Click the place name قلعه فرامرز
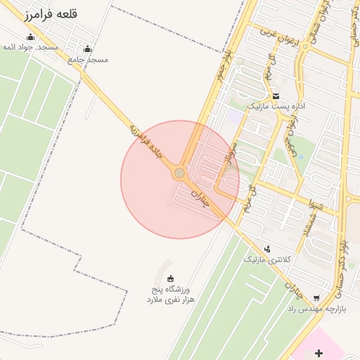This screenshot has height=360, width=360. (x=51, y=14)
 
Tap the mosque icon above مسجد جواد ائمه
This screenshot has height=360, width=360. (x=30, y=37)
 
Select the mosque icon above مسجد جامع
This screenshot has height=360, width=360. (x=87, y=49)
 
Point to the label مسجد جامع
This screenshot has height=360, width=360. (x=88, y=60)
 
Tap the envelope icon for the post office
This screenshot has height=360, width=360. (x=276, y=96)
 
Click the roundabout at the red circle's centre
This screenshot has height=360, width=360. (x=180, y=173)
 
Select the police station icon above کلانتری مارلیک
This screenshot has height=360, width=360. (x=267, y=248)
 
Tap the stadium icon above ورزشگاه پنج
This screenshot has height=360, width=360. (x=171, y=279)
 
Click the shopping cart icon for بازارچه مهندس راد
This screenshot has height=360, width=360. (x=316, y=298)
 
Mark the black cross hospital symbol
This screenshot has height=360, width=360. (x=319, y=352)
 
